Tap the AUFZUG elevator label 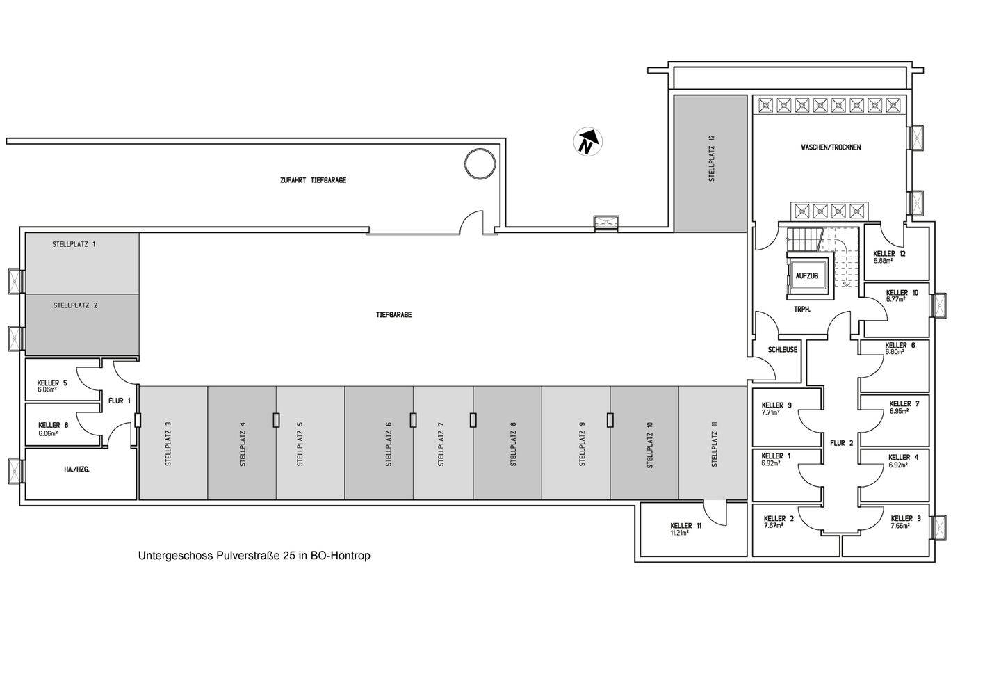pyautogui.click(x=806, y=276)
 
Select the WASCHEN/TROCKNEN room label pyautogui.click(x=831, y=147)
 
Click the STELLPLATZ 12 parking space pyautogui.click(x=712, y=163)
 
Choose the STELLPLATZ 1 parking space pyautogui.click(x=82, y=262)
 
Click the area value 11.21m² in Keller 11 pyautogui.click(x=679, y=533)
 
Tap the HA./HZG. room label pyautogui.click(x=76, y=469)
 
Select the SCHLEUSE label pyautogui.click(x=783, y=350)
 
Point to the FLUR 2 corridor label pyautogui.click(x=841, y=442)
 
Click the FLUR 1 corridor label pyautogui.click(x=120, y=401)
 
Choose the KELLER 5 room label pyautogui.click(x=52, y=383)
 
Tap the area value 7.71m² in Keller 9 pyautogui.click(x=771, y=412)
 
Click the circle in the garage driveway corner pyautogui.click(x=480, y=164)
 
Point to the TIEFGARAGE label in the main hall pyautogui.click(x=393, y=315)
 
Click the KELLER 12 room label pyautogui.click(x=889, y=254)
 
